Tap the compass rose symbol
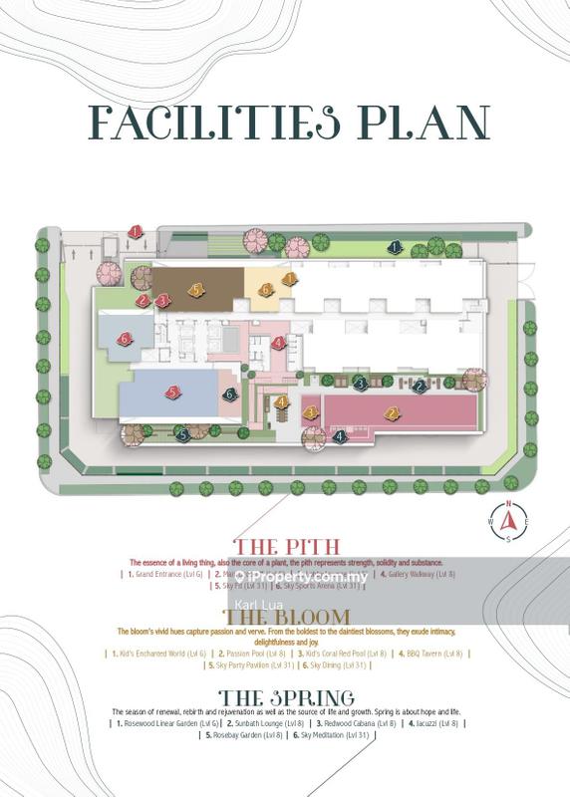point(508,520)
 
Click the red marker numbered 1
point(136,233)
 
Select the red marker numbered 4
point(279,343)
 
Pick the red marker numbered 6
point(125,339)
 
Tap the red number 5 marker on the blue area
point(173,393)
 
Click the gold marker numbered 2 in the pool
point(393,413)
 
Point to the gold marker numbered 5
point(197,289)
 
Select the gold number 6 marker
point(266,289)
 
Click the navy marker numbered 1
point(395,246)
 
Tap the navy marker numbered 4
point(340,435)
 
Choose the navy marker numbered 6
point(230,395)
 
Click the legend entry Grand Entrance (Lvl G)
point(165,575)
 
